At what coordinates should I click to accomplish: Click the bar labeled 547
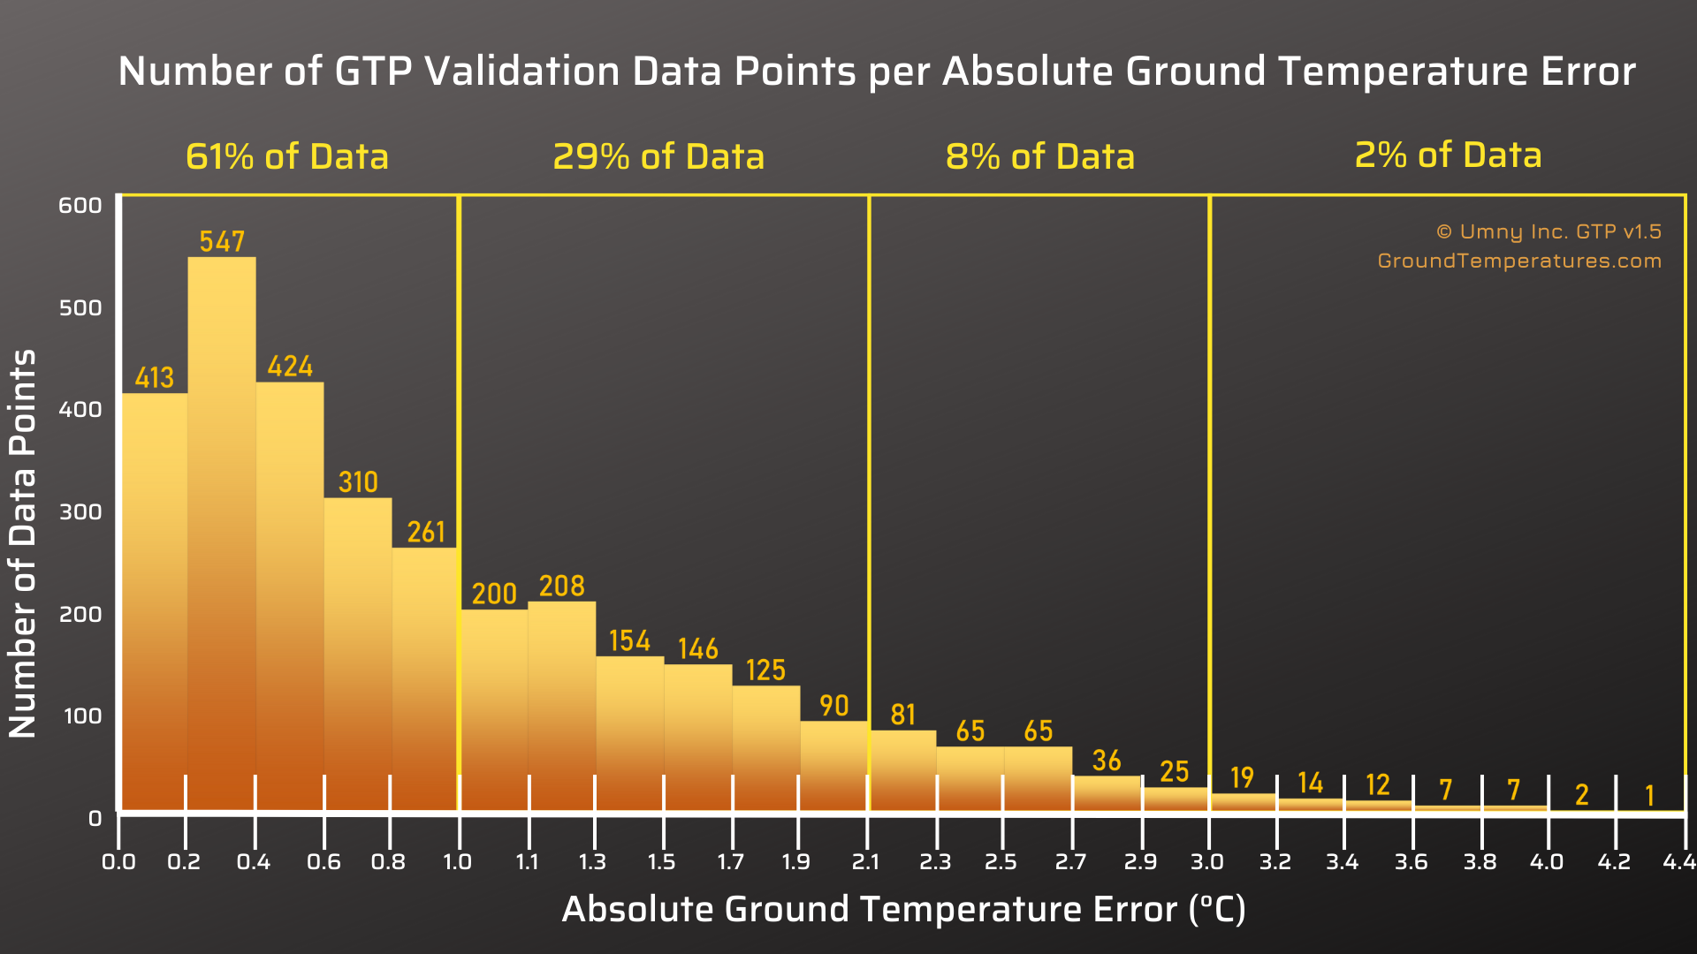pos(222,534)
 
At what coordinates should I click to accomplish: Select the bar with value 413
pos(155,602)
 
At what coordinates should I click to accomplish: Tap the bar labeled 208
pos(562,706)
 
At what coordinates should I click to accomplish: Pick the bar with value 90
pos(834,766)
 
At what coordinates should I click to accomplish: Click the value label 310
pos(358,482)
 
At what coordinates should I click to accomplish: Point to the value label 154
pos(629,640)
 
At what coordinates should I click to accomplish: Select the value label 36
pos(1107,761)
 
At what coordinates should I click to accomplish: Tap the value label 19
pos(1242,777)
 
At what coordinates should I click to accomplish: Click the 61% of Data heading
pos(287,156)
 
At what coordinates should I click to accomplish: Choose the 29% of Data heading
pos(658,156)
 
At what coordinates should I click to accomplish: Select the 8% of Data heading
pos(1040,156)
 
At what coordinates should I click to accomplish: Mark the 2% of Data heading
pos(1449,155)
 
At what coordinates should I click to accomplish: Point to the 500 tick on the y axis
pos(80,307)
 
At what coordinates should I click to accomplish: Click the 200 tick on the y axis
pos(80,614)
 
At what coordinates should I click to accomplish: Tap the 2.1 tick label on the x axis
pos(866,861)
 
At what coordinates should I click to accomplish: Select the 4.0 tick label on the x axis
pos(1547,861)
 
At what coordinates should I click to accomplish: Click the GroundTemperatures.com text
pos(1519,261)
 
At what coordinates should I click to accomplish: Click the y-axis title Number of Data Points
pos(23,543)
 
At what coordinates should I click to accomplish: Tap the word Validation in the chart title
pos(523,71)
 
